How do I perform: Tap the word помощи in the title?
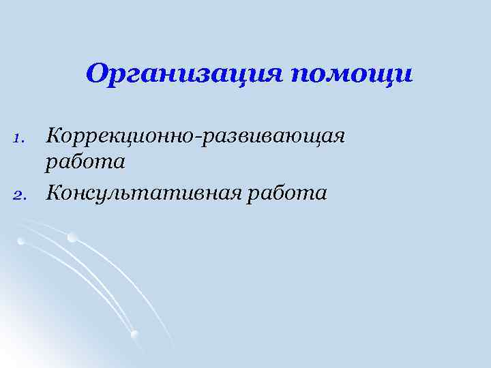[353, 74]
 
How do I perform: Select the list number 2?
[20, 195]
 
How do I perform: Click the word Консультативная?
[140, 194]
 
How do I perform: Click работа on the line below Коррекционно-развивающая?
[85, 162]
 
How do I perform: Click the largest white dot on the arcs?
[72, 237]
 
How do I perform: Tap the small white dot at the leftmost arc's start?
[21, 241]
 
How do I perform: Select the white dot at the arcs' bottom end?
[134, 333]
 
